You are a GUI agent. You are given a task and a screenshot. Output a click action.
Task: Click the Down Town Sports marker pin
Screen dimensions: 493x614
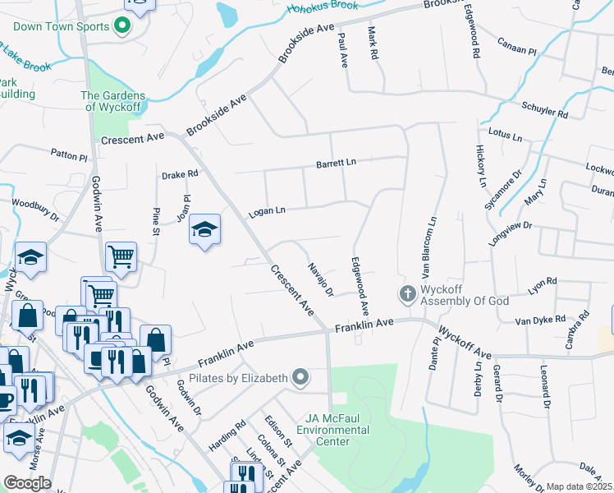click(122, 26)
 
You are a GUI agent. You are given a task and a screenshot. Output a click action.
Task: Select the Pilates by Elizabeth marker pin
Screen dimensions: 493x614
click(301, 377)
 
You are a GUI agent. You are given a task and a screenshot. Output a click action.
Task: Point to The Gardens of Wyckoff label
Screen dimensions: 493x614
click(113, 101)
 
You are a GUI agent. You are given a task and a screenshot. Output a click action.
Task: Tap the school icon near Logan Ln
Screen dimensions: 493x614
click(204, 231)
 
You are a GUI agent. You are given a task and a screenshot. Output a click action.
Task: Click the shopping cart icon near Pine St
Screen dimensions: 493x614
click(121, 256)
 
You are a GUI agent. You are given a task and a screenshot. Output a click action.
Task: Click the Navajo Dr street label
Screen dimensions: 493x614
click(320, 279)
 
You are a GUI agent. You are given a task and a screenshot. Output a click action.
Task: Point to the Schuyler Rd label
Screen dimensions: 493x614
click(544, 111)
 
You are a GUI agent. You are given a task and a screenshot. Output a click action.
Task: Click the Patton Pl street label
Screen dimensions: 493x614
click(68, 155)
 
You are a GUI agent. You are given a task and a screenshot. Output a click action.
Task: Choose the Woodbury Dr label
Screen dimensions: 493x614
click(35, 210)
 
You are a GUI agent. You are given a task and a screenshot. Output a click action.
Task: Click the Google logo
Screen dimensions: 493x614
click(27, 483)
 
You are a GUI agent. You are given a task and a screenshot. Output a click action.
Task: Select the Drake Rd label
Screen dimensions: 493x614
click(180, 174)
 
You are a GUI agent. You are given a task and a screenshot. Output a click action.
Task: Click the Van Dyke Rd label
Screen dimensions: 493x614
click(540, 319)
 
